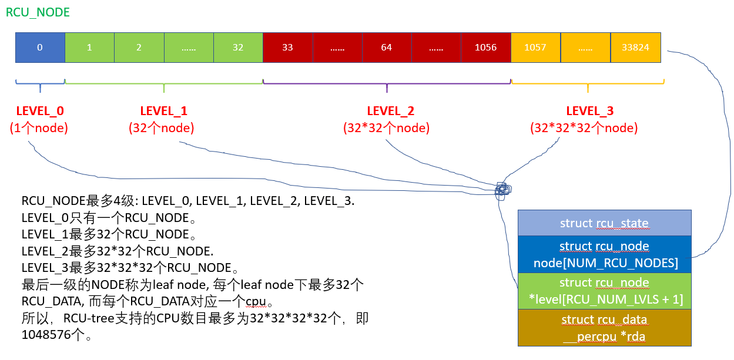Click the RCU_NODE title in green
pyautogui.click(x=38, y=12)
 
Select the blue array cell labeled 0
pyautogui.click(x=40, y=48)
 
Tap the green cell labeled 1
pyautogui.click(x=89, y=48)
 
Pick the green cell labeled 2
pyautogui.click(x=139, y=48)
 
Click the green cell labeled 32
pyautogui.click(x=238, y=48)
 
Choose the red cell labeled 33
pyautogui.click(x=287, y=48)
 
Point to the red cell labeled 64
pyautogui.click(x=387, y=48)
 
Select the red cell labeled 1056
pyautogui.click(x=486, y=48)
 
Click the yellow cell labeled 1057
pyautogui.click(x=535, y=48)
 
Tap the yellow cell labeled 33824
pyautogui.click(x=635, y=48)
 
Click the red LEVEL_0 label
pyautogui.click(x=40, y=111)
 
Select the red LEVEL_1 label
pyautogui.click(x=163, y=111)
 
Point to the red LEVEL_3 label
pyautogui.click(x=589, y=111)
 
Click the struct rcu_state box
pyautogui.click(x=604, y=223)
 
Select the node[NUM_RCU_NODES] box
pyautogui.click(x=604, y=254)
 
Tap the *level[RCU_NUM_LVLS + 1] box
pyautogui.click(x=604, y=291)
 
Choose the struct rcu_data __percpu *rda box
pyautogui.click(x=604, y=328)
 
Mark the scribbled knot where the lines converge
pyautogui.click(x=502, y=190)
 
